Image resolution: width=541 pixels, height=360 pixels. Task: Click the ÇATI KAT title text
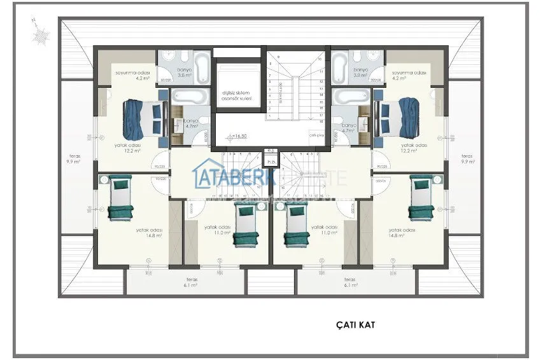click(356, 325)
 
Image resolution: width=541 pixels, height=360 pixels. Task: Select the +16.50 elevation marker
click(238, 136)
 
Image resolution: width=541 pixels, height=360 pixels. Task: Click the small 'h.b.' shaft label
click(271, 162)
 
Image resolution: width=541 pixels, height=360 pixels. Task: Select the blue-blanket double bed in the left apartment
click(142, 118)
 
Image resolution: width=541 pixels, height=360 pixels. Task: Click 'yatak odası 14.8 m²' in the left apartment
click(153, 232)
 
